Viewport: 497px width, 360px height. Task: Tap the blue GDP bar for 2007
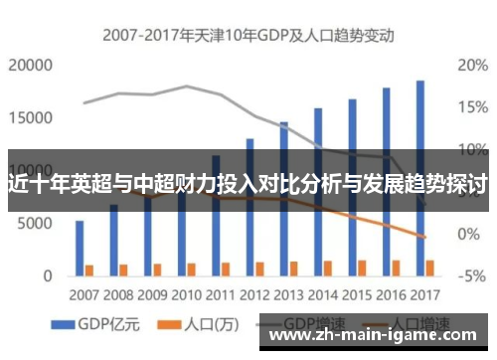tap(80, 247)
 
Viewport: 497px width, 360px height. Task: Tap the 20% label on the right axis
tap(472, 66)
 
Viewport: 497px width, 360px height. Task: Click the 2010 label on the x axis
tap(188, 294)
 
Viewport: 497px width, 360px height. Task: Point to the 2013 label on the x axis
tap(289, 294)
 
